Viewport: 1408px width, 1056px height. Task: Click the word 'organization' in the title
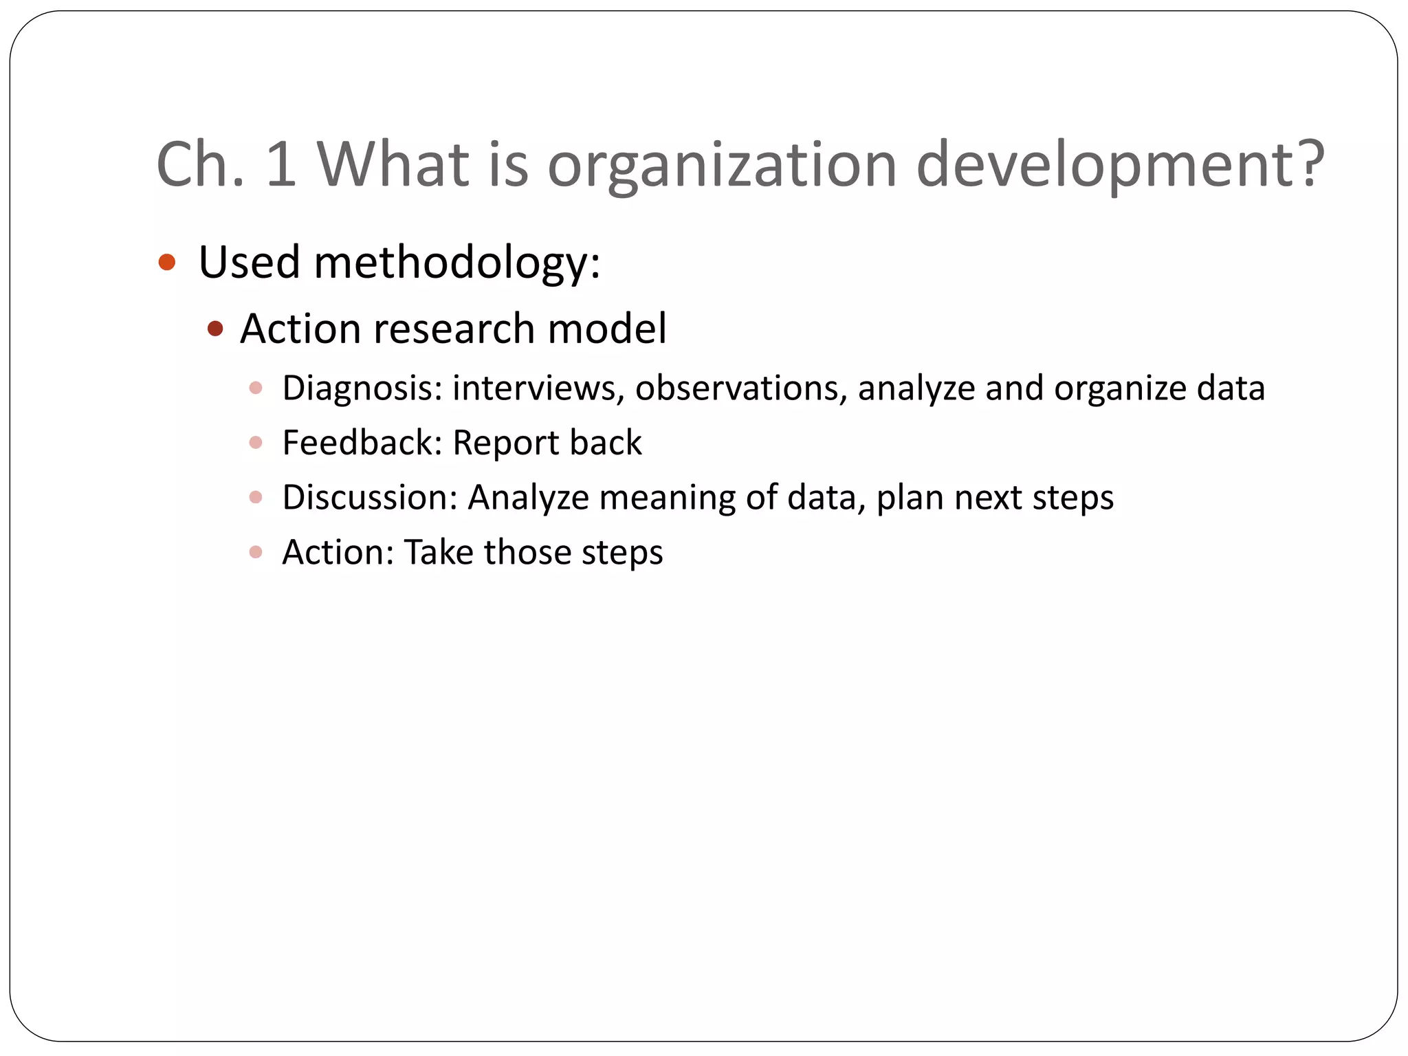[x=722, y=165]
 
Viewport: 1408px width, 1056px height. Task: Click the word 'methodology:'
[x=457, y=263]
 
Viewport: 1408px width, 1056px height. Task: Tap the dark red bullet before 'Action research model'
[x=215, y=329]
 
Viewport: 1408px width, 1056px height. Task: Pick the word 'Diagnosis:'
[x=362, y=389]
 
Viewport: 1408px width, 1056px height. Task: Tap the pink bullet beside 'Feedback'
[x=256, y=443]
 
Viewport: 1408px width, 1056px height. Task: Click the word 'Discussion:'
[x=370, y=498]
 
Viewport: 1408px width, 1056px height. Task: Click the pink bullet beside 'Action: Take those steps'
[x=256, y=552]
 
